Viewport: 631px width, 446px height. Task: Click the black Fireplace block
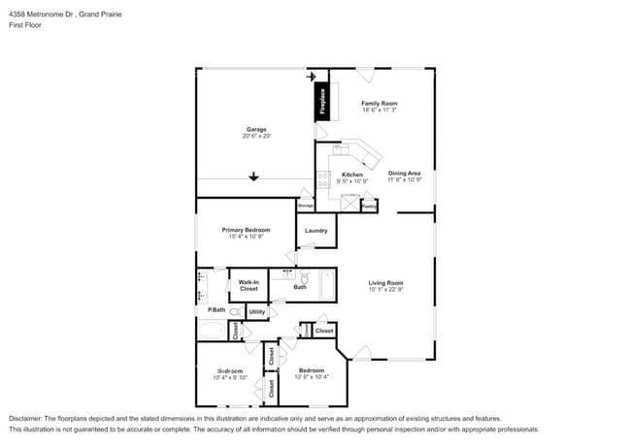tap(322, 101)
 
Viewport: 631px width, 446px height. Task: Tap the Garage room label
tap(256, 129)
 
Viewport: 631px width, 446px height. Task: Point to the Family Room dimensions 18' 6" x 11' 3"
tap(379, 111)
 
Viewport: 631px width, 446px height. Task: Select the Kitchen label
tap(351, 175)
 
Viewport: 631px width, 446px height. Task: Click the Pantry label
tap(369, 207)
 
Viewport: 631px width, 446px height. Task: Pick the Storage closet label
tap(305, 207)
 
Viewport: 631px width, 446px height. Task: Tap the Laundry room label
tap(315, 231)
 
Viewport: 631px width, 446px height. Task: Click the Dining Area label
tap(404, 174)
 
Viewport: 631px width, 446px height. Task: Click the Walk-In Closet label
tap(249, 285)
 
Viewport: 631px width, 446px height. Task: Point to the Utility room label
tap(256, 311)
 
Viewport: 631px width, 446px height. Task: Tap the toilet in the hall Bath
tap(303, 278)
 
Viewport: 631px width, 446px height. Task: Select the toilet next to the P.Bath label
tap(234, 311)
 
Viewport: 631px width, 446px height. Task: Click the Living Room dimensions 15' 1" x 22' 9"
tap(385, 290)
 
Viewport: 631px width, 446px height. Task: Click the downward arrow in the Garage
tap(254, 176)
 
